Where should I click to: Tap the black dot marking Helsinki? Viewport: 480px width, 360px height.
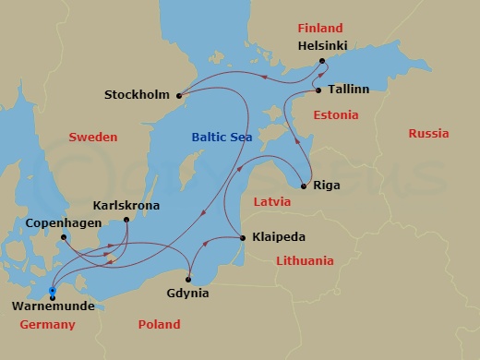coord(322,61)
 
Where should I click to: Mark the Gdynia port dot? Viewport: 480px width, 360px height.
coord(188,279)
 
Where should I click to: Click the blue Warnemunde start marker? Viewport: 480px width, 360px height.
coord(53,291)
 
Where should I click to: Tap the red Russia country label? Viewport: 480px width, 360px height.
coord(428,134)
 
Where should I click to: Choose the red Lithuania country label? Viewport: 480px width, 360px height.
coord(305,261)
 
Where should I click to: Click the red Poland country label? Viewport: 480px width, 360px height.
coord(159,325)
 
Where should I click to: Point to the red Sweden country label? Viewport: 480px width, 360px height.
coord(93,137)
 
